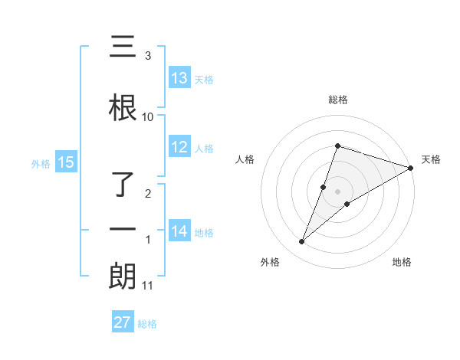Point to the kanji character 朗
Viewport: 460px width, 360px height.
[x=123, y=277]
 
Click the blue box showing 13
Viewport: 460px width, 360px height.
[x=179, y=78]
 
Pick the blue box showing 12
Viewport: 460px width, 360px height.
[x=179, y=148]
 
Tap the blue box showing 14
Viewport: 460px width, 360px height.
[x=179, y=231]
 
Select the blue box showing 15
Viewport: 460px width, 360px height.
[x=66, y=162]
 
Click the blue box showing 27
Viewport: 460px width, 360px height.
[x=123, y=322]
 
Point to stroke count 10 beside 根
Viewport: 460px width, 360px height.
[x=148, y=117]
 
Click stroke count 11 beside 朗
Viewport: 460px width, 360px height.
[x=148, y=286]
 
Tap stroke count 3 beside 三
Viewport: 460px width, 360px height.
[x=148, y=56]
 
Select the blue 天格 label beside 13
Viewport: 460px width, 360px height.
[x=204, y=79]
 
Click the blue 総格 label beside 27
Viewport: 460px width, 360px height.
[x=147, y=323]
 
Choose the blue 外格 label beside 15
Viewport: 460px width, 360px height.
[x=41, y=163]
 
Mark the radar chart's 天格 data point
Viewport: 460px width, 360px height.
[x=410, y=168]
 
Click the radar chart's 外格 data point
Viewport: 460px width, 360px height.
[x=302, y=242]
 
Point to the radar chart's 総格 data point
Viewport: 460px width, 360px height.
[x=337, y=146]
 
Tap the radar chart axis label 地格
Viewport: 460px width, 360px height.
[x=402, y=262]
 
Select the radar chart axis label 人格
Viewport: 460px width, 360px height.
[x=245, y=159]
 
